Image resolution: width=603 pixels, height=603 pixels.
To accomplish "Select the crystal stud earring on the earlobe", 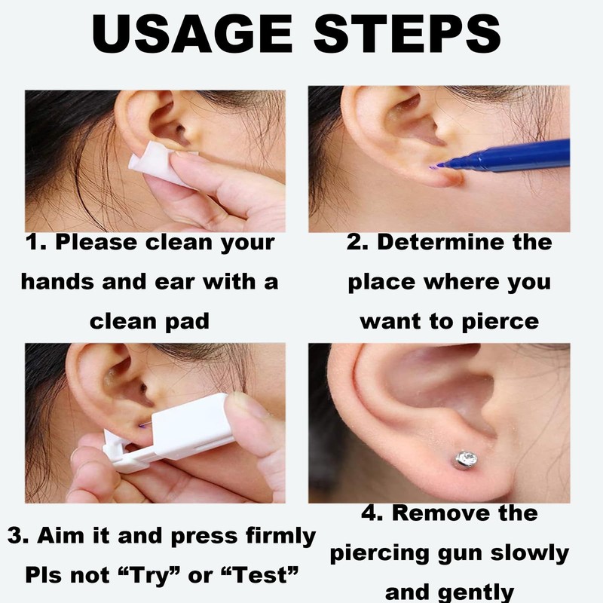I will (467, 458).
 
